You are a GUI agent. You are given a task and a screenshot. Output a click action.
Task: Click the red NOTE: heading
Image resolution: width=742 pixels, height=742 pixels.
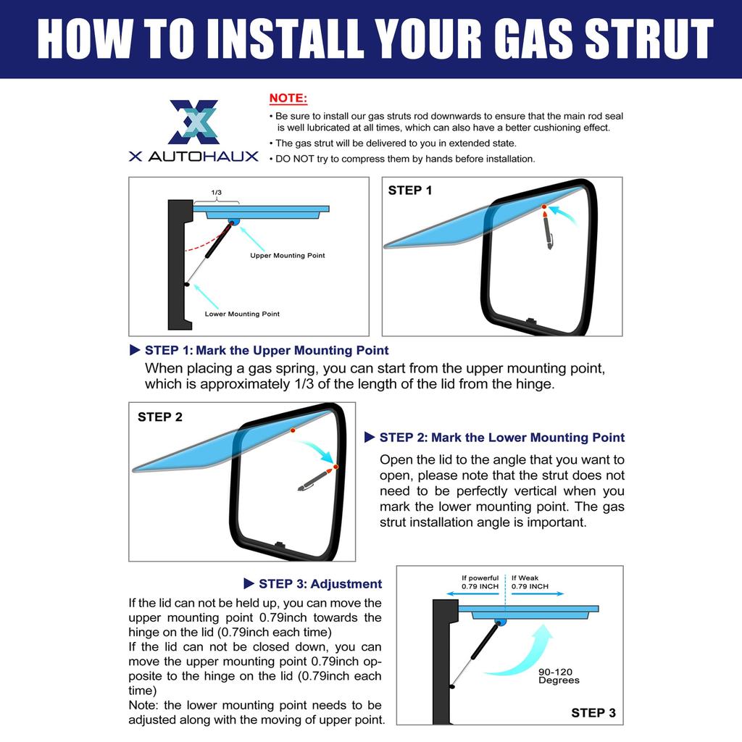point(288,99)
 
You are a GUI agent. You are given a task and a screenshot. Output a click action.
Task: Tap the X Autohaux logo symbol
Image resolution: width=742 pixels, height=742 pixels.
point(194,122)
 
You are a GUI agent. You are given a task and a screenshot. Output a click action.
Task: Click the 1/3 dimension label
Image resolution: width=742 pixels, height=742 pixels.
point(216,192)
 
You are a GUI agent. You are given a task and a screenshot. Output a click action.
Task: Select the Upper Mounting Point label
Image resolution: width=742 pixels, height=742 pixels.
point(287,256)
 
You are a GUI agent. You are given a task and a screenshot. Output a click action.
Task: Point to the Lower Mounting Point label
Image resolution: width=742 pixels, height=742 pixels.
point(242,314)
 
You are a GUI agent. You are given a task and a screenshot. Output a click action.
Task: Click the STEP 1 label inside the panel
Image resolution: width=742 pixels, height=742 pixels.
point(410,191)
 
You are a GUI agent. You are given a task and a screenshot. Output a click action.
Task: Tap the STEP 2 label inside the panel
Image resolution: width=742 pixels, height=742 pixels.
point(160,417)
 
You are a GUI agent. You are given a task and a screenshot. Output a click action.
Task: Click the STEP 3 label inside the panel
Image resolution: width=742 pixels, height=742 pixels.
point(593,713)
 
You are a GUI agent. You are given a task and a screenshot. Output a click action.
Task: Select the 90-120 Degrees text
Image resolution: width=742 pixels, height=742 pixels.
point(559,676)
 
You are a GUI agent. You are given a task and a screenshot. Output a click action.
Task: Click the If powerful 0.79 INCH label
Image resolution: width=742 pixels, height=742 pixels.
point(480,582)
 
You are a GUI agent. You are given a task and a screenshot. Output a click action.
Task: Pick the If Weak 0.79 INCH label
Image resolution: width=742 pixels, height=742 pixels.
point(530,582)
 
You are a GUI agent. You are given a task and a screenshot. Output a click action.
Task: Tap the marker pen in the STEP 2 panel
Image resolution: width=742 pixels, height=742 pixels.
point(315,480)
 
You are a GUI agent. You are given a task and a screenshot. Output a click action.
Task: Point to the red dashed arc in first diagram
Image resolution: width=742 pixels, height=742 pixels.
point(204,243)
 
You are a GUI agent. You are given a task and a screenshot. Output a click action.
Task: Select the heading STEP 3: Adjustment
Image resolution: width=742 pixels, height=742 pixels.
point(313,584)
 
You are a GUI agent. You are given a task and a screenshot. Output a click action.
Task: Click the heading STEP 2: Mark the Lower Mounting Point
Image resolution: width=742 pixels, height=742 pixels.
point(494,438)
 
